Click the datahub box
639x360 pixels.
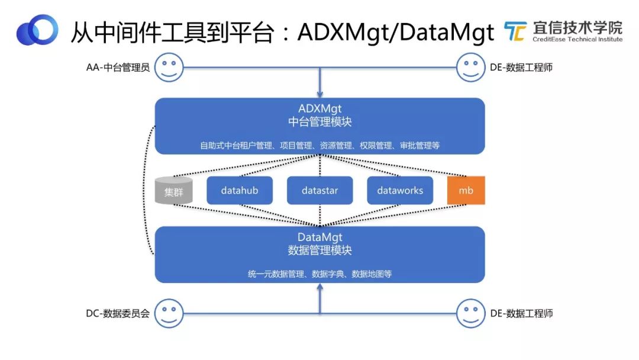[239, 191]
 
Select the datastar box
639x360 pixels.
[319, 191]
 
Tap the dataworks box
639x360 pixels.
[400, 191]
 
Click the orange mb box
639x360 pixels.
[466, 191]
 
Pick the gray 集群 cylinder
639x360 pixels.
[173, 191]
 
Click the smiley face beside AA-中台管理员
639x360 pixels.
[169, 67]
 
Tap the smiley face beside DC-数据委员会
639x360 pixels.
[169, 313]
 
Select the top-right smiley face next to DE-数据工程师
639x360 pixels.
[471, 67]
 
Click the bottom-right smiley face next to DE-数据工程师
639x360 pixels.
[471, 313]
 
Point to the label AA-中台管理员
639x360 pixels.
[117, 67]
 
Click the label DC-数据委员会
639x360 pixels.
[118, 313]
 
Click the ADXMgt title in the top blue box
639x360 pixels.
[319, 109]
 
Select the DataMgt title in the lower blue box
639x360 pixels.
[319, 237]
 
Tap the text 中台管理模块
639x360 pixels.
[319, 122]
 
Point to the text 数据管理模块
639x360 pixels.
[319, 250]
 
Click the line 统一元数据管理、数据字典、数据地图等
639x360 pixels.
[319, 274]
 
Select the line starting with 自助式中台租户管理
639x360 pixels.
[319, 145]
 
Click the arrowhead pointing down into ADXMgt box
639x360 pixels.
[319, 93]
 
